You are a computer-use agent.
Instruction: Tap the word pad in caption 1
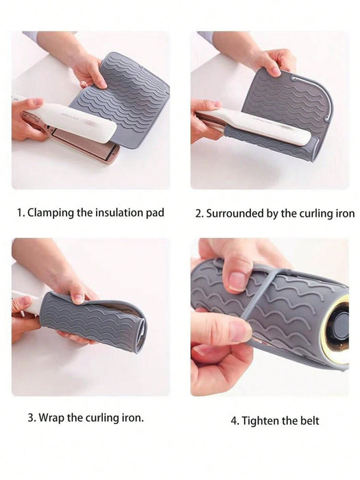[155, 213]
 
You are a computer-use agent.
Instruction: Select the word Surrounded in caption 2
[235, 213]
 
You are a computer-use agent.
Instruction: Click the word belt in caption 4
[308, 420]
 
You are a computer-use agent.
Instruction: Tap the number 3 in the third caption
[31, 418]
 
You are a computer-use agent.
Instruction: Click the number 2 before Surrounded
[199, 214]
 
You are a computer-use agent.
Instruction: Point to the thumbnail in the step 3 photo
[79, 298]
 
